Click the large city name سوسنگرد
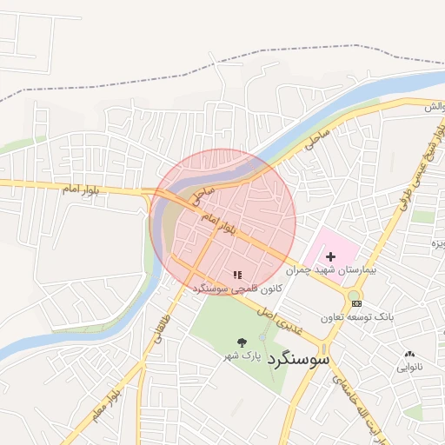[299, 357]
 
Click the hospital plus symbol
[330, 256]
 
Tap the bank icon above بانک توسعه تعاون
[356, 302]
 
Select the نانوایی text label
[409, 367]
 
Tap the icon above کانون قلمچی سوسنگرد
[237, 275]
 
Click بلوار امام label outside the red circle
[86, 188]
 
